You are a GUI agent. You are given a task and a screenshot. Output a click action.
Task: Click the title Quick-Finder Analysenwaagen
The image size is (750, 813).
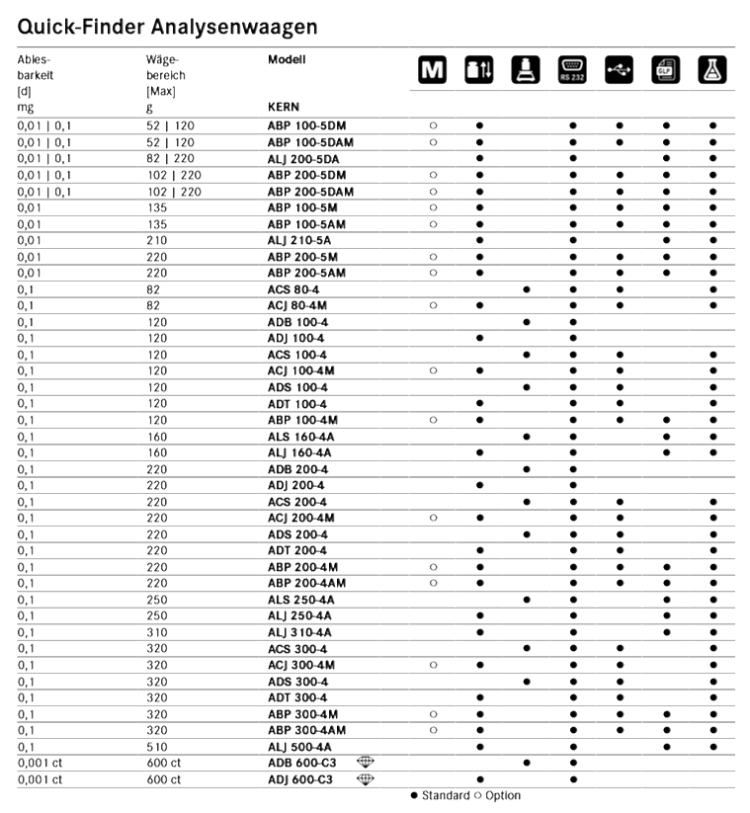coord(167,22)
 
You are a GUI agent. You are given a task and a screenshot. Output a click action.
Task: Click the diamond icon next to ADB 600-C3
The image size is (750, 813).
coord(368,762)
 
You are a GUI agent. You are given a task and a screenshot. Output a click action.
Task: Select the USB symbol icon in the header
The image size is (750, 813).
coord(619,70)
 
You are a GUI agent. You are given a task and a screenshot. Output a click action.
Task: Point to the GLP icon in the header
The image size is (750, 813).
coord(665,70)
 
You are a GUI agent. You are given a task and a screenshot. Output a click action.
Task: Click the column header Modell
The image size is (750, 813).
coord(287,59)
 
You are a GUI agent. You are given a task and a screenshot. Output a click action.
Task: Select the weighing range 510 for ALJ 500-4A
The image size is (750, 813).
coord(154,746)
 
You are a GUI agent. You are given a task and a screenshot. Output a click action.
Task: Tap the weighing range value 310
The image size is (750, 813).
coord(154,631)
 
